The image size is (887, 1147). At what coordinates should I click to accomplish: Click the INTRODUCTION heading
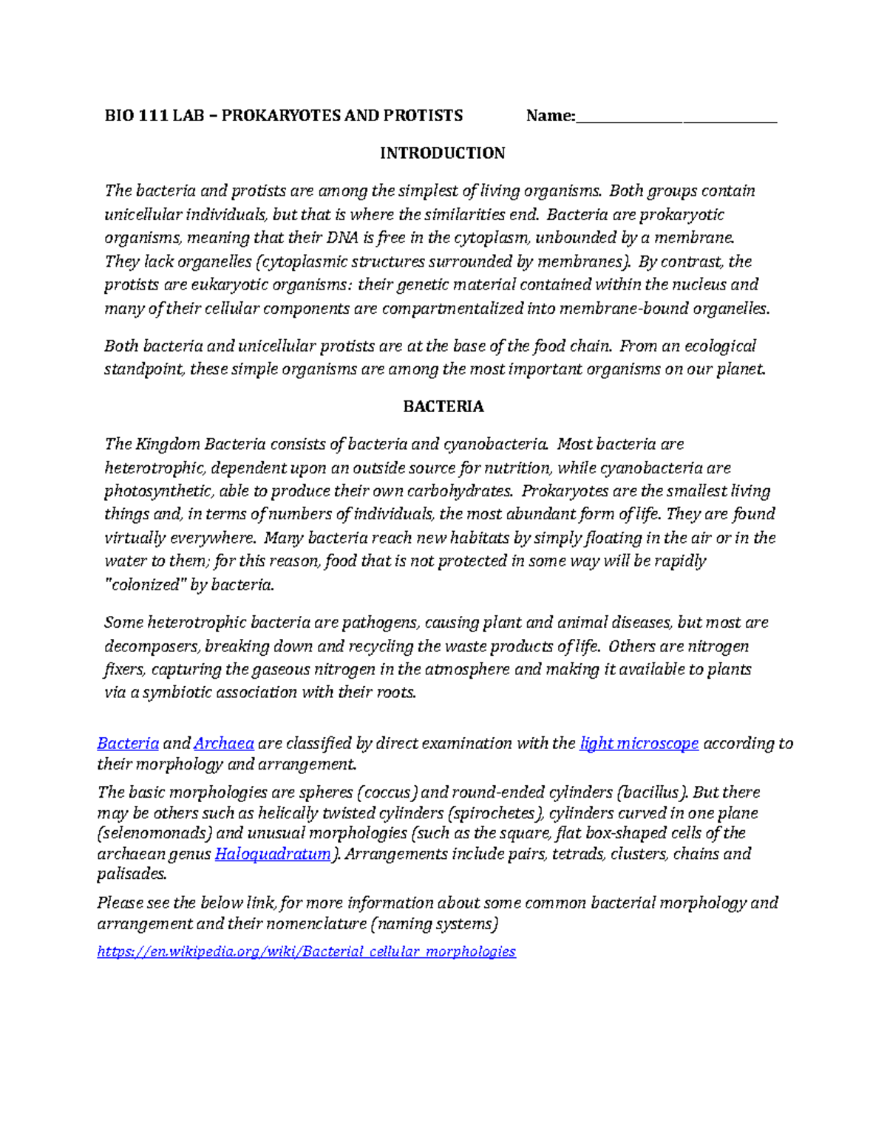click(x=442, y=153)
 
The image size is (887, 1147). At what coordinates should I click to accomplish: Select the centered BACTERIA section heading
click(x=443, y=406)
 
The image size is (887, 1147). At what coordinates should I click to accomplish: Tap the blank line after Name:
click(x=676, y=117)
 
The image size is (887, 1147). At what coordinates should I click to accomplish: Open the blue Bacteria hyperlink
click(x=128, y=743)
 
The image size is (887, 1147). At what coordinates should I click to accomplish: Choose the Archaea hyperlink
click(x=224, y=743)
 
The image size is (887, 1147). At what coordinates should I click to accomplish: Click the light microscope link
click(x=639, y=743)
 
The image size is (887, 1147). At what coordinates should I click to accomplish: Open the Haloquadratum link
click(x=273, y=854)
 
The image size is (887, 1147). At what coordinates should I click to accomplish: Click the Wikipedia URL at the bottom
click(x=306, y=951)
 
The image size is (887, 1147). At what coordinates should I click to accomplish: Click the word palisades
click(x=132, y=874)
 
